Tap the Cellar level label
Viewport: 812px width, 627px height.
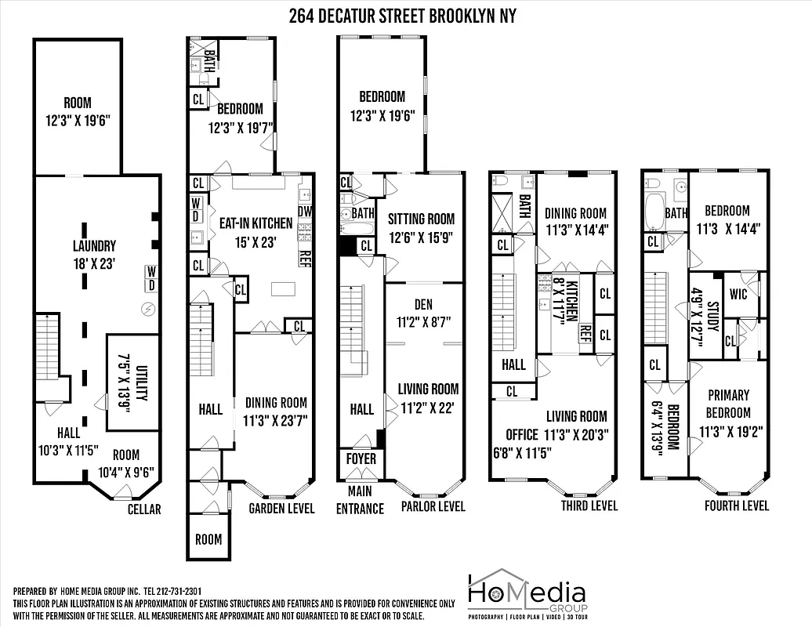[x=143, y=509]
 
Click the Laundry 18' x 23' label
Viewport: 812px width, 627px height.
[x=94, y=252]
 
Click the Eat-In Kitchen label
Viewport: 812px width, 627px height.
[x=256, y=232]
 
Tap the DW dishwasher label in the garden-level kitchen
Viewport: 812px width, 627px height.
[x=305, y=211]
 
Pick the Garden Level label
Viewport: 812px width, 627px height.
[x=281, y=509]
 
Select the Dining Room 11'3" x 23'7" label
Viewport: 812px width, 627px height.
[x=274, y=410]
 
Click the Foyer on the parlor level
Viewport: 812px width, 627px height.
[x=361, y=458]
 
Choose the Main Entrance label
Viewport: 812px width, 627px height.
[x=361, y=500]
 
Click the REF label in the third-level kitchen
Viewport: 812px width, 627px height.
[x=584, y=332]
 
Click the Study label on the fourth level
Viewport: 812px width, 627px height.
[x=704, y=319]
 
